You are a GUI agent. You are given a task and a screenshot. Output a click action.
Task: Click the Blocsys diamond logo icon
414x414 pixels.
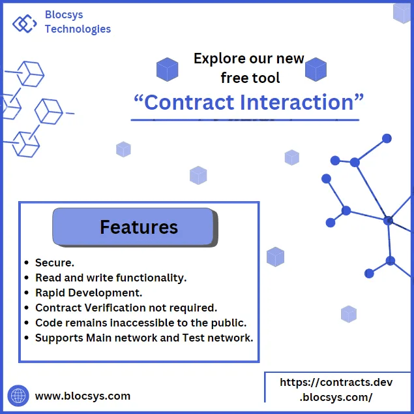pos(25,24)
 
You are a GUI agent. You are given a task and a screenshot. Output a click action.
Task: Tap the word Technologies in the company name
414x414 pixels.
pos(78,29)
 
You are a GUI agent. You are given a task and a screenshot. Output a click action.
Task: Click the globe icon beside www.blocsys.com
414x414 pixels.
pos(18,396)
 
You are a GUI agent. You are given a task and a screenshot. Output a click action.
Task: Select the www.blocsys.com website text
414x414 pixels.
pos(83,396)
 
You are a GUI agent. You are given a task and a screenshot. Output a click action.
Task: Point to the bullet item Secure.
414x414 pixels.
pos(55,263)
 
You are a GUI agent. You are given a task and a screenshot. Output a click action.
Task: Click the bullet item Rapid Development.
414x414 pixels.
pos(89,293)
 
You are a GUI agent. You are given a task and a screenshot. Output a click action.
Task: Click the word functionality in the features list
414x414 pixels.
pos(151,278)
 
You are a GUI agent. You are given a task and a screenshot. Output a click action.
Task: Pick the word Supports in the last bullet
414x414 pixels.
pos(59,338)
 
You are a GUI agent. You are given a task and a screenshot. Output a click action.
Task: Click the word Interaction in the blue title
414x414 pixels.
pos(297,103)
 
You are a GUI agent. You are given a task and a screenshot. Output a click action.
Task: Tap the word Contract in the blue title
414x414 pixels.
pos(189,103)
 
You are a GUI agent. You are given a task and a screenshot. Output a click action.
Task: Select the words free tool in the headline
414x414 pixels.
pos(250,78)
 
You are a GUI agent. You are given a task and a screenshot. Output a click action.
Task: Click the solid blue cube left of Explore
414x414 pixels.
pos(167,69)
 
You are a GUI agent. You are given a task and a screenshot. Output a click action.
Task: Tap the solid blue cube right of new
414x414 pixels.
pos(316,69)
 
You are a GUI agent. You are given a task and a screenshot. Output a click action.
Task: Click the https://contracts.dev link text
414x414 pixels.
pos(336,382)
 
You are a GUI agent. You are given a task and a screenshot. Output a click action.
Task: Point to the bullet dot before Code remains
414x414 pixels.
pos(26,323)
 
